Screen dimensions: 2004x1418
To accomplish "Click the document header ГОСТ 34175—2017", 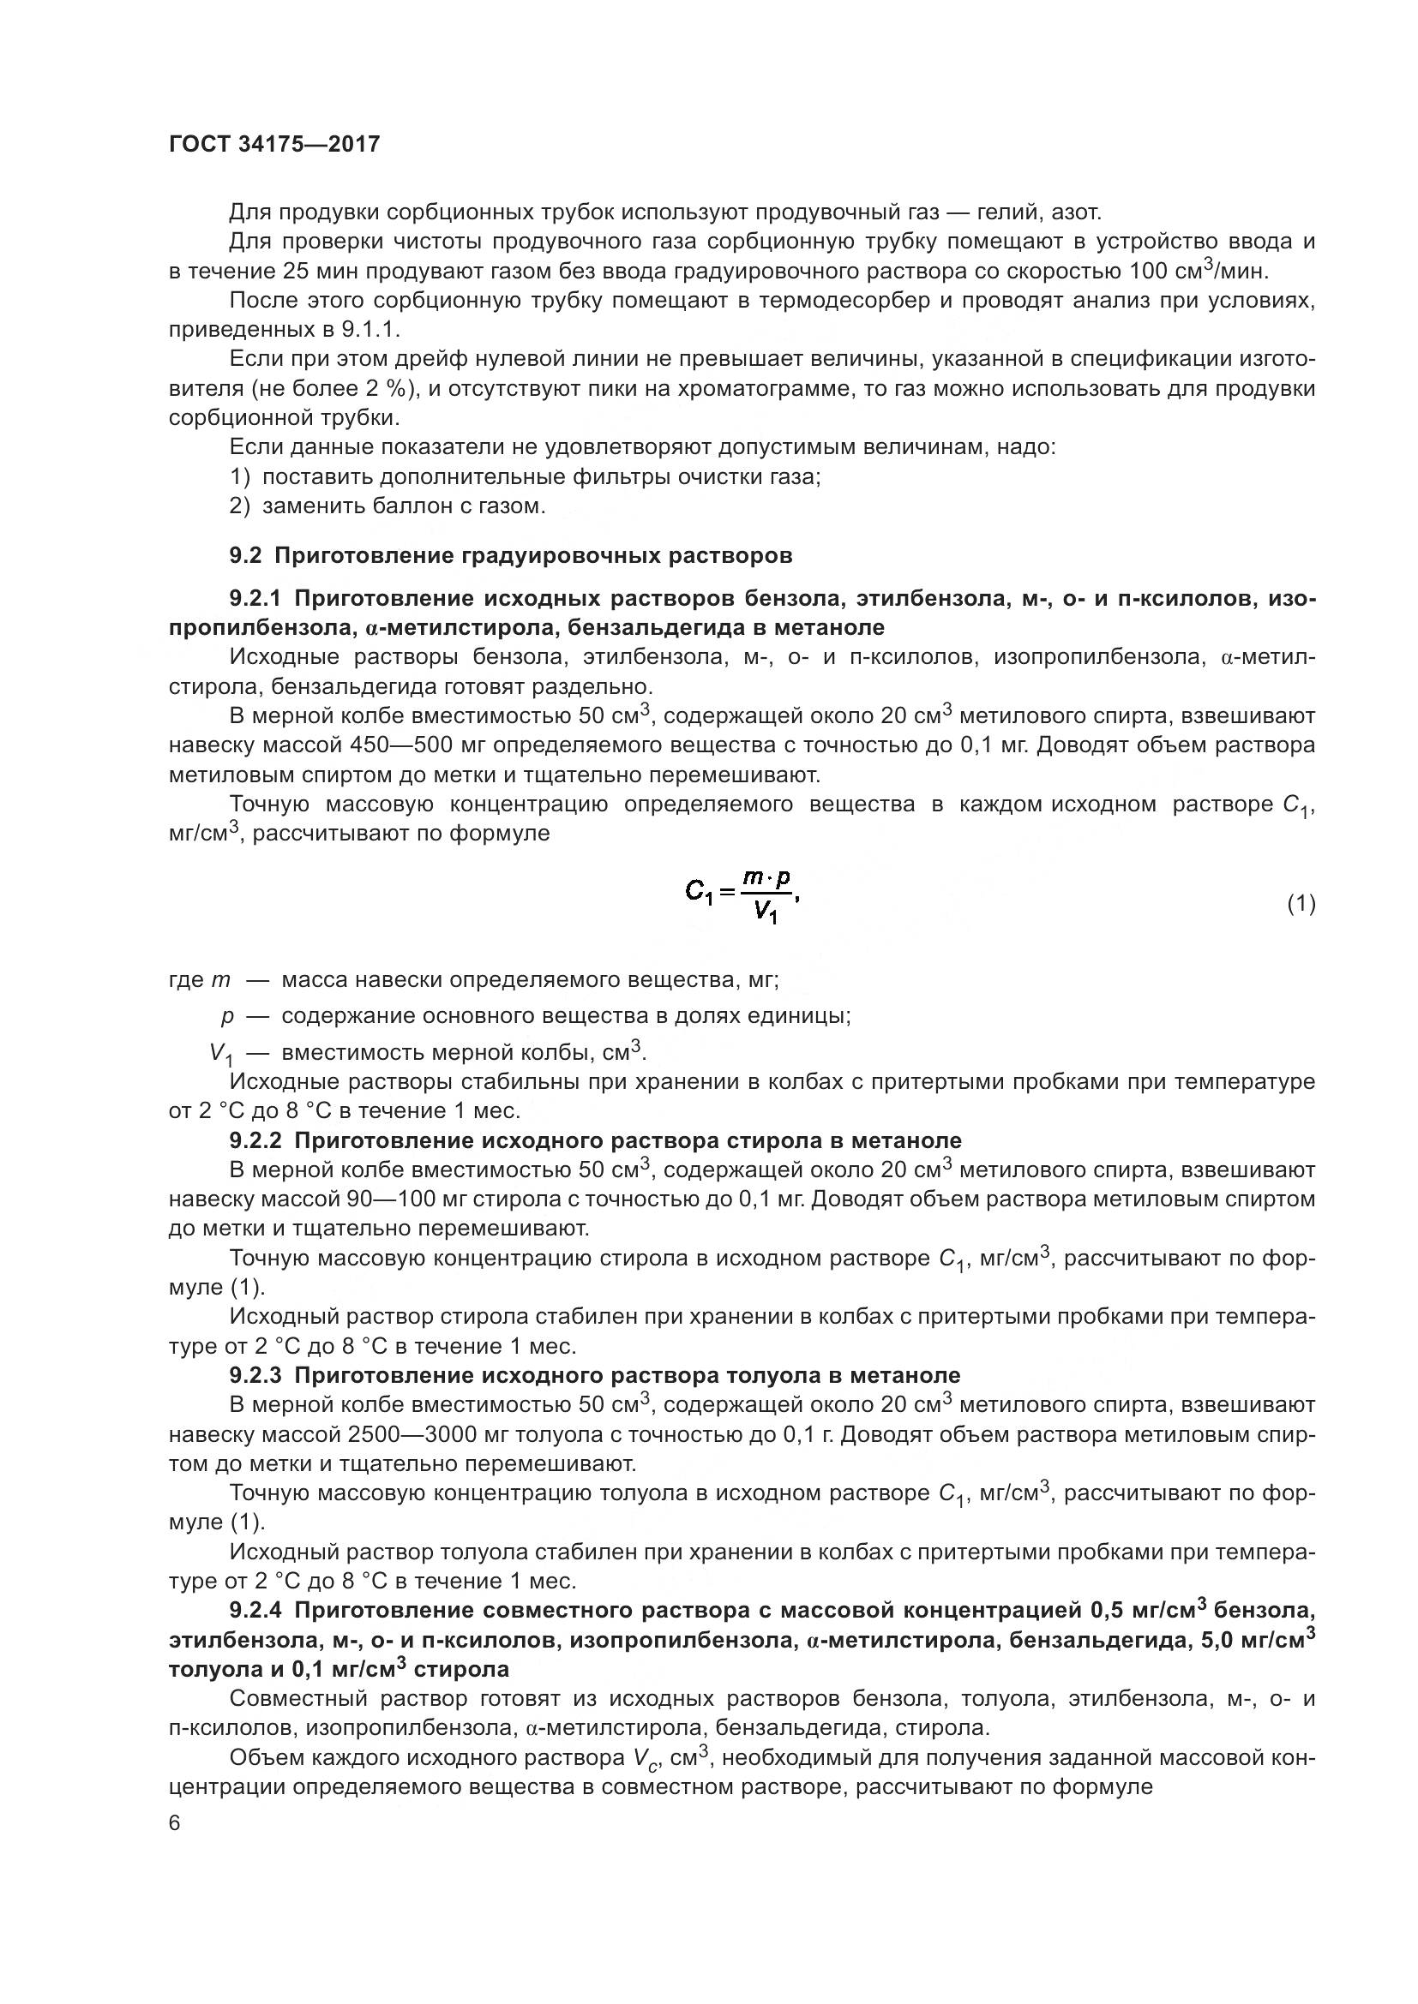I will [274, 145].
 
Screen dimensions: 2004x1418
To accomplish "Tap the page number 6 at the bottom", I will [175, 1824].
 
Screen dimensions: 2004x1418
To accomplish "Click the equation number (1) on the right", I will [1301, 904].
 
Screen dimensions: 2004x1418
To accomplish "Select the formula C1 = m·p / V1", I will [742, 900].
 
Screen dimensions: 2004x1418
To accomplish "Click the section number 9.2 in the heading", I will [245, 556].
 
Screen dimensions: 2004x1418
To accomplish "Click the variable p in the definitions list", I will [228, 1017].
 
